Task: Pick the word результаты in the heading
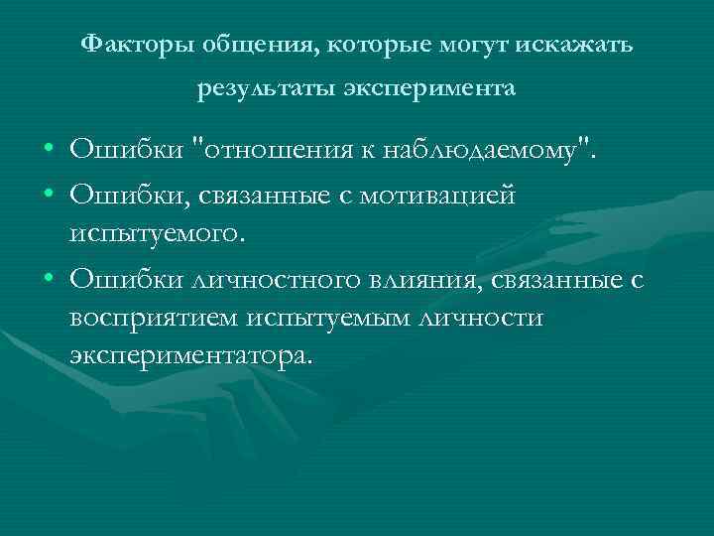pyautogui.click(x=266, y=92)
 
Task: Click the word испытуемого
pyautogui.click(x=155, y=235)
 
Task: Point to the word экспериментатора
pyautogui.click(x=190, y=354)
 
